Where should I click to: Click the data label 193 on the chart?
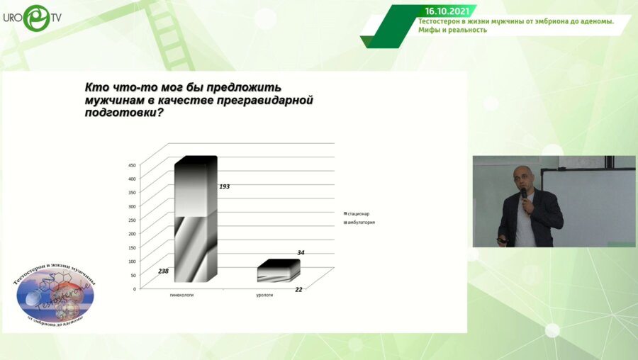point(225,186)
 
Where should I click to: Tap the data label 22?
point(298,289)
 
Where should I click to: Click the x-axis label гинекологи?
point(182,295)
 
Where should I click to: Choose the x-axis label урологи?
point(265,295)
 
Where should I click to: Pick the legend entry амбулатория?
point(361,223)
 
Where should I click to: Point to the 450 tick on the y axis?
point(132,165)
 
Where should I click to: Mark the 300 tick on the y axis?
point(132,206)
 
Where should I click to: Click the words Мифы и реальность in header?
point(452,30)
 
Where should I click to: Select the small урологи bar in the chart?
point(278,271)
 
